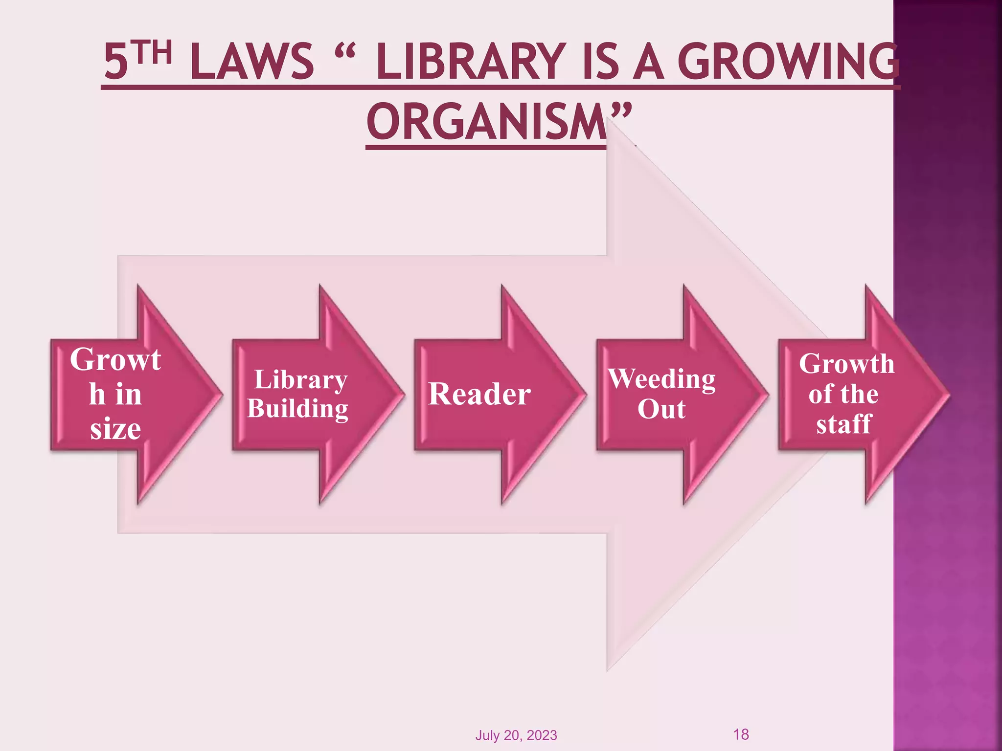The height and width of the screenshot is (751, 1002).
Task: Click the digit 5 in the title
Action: [x=116, y=62]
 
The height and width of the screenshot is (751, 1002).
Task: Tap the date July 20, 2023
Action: [x=516, y=735]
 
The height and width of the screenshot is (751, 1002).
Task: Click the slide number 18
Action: [x=741, y=734]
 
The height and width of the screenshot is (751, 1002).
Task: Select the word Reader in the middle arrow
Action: [x=479, y=394]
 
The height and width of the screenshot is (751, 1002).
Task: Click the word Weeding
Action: [x=661, y=379]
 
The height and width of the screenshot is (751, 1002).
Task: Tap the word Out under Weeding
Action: [x=661, y=409]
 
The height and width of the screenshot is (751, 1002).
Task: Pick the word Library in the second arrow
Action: [x=301, y=379]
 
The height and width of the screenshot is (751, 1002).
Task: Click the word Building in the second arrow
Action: [x=298, y=409]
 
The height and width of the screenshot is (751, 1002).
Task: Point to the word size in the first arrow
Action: [x=115, y=429]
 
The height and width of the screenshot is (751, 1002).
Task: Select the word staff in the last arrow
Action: [x=843, y=423]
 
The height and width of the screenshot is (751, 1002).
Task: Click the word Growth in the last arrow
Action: [x=846, y=364]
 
